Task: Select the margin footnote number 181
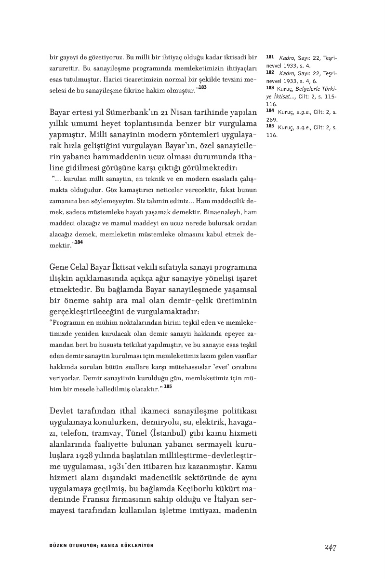(x=270, y=57)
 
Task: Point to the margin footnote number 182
(x=270, y=71)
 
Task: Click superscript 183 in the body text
(x=203, y=87)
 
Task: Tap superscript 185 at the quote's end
(x=168, y=386)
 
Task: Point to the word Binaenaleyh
(x=212, y=212)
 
